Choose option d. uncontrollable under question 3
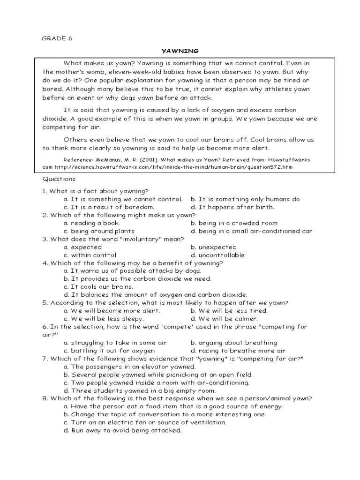tap(217, 255)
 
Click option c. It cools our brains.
tap(98, 287)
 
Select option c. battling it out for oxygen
tap(109, 351)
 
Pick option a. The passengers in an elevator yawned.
tap(123, 367)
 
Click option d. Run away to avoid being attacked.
tap(122, 430)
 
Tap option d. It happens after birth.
tap(232, 207)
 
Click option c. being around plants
tap(99, 231)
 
